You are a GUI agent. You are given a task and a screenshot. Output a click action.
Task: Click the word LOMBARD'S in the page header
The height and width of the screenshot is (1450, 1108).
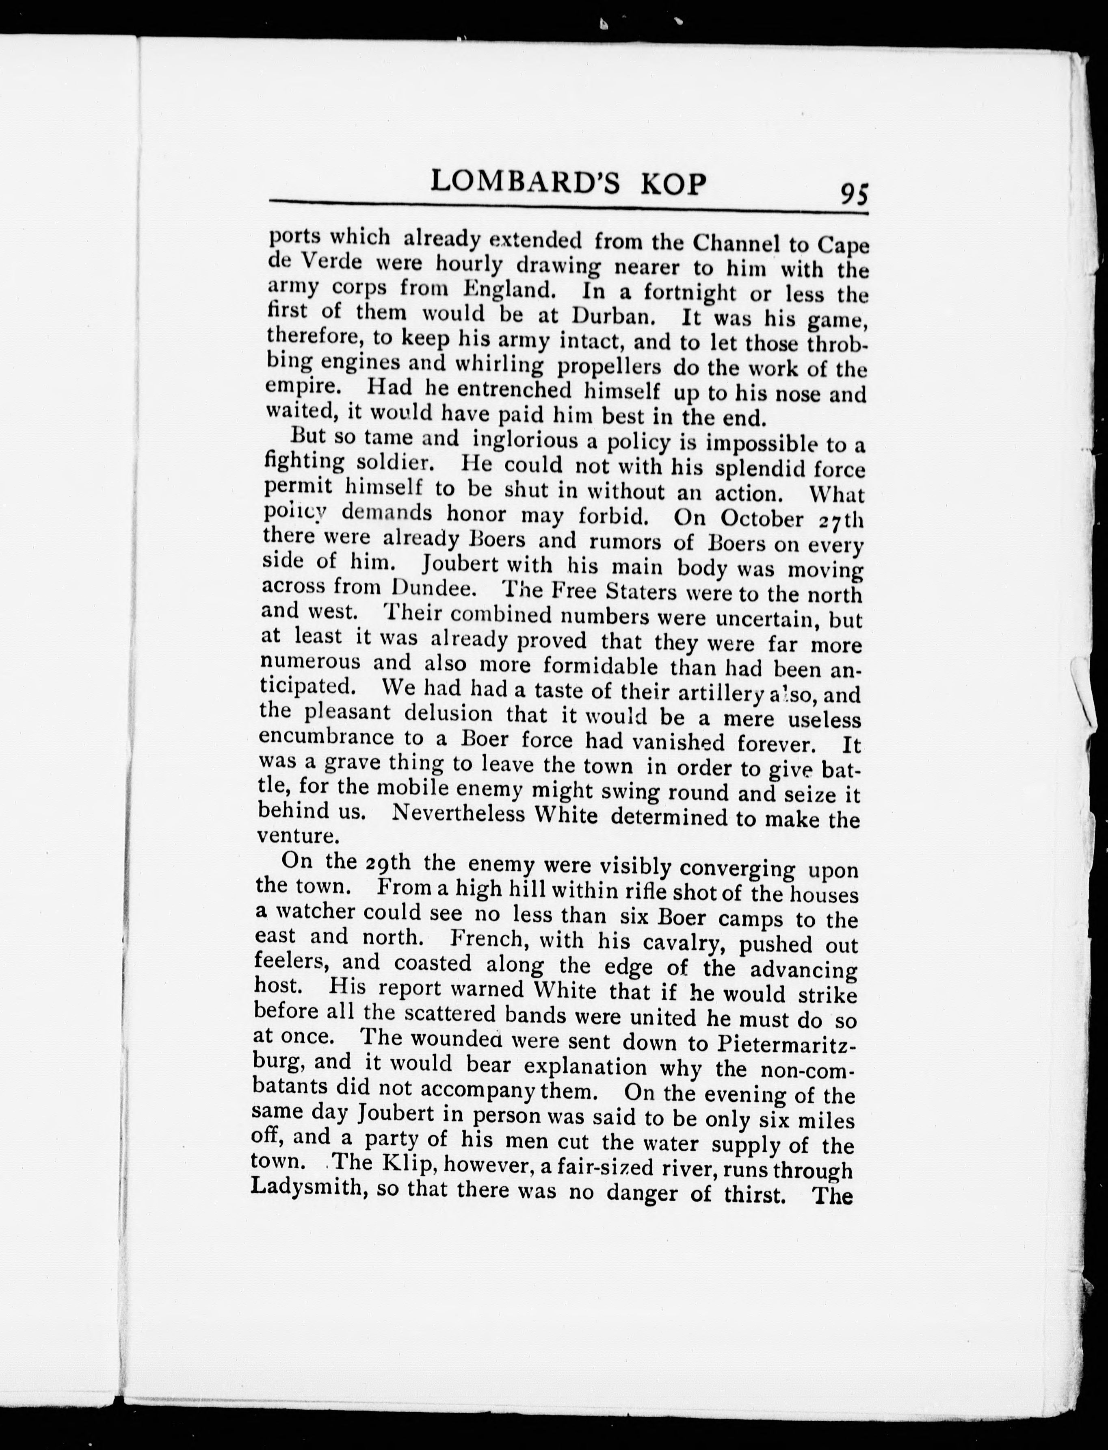[524, 183]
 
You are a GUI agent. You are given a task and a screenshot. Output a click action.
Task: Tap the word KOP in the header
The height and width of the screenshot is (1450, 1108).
[669, 185]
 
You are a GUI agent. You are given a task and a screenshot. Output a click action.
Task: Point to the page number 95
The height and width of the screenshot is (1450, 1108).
[853, 195]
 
